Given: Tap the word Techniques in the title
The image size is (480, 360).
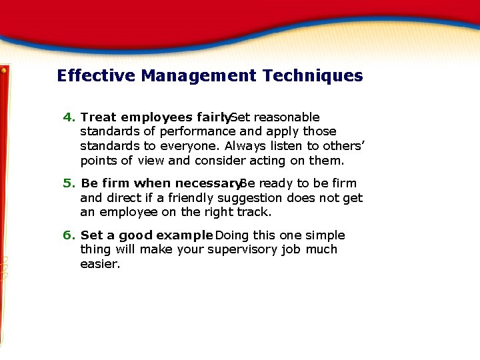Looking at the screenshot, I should click(x=313, y=75).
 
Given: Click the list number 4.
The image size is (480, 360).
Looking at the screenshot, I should click(x=69, y=117).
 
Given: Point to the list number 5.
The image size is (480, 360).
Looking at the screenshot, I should click(x=69, y=183).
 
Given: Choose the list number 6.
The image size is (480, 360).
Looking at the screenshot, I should click(x=69, y=235).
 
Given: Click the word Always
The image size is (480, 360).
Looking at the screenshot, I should click(x=245, y=146).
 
